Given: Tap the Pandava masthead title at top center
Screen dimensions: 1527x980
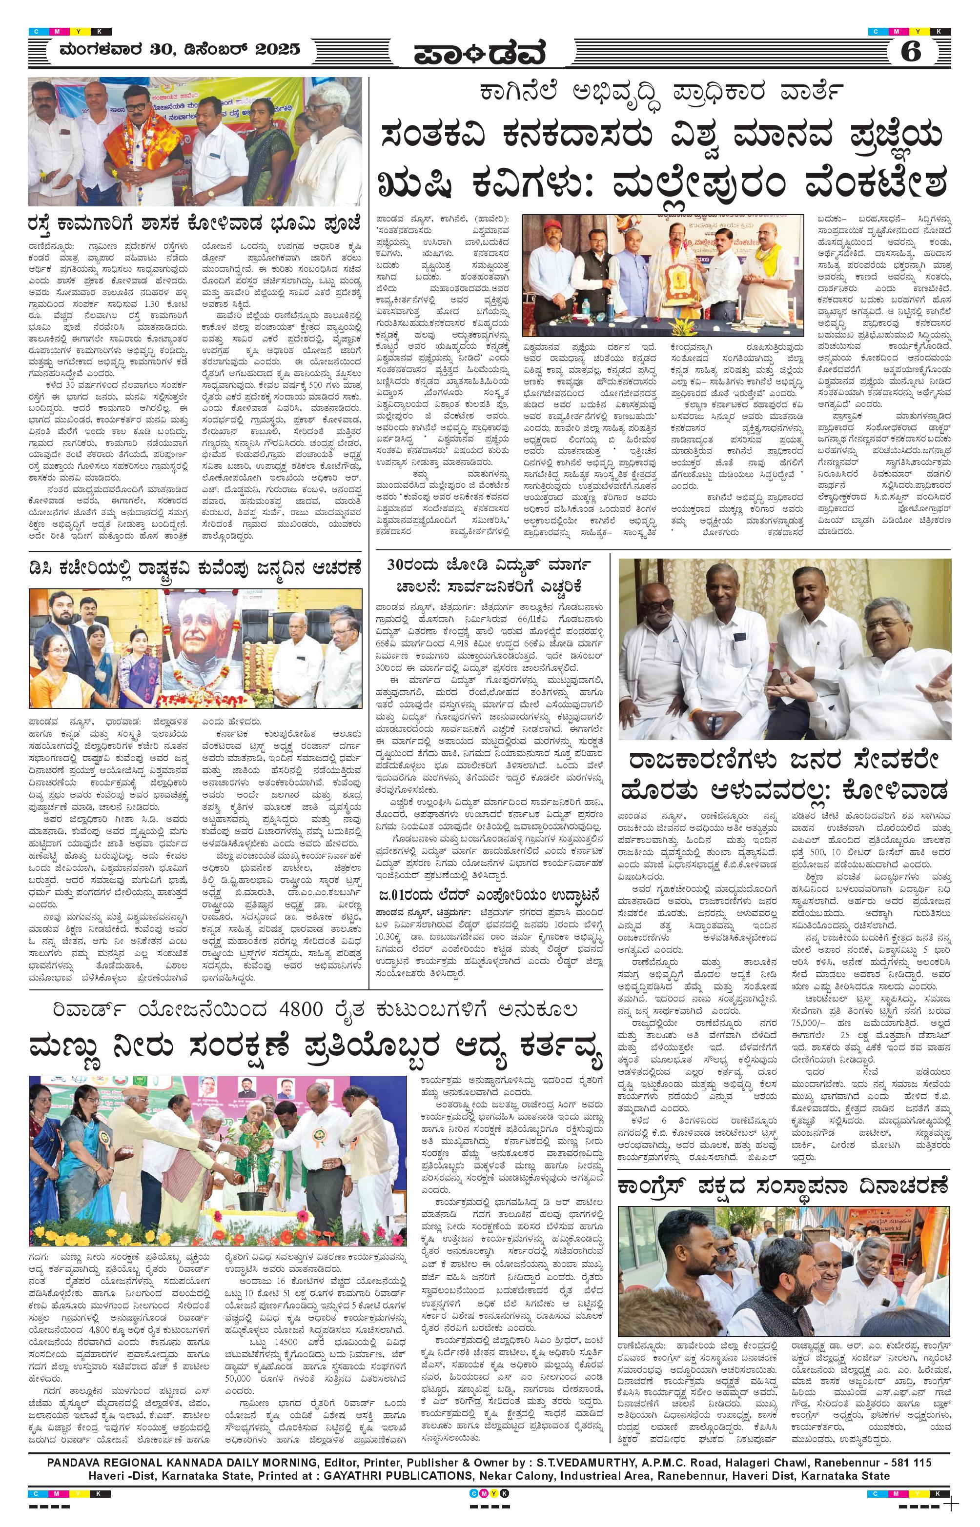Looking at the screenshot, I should tap(480, 55).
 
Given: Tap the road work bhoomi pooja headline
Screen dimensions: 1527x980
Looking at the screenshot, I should tap(195, 224).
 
